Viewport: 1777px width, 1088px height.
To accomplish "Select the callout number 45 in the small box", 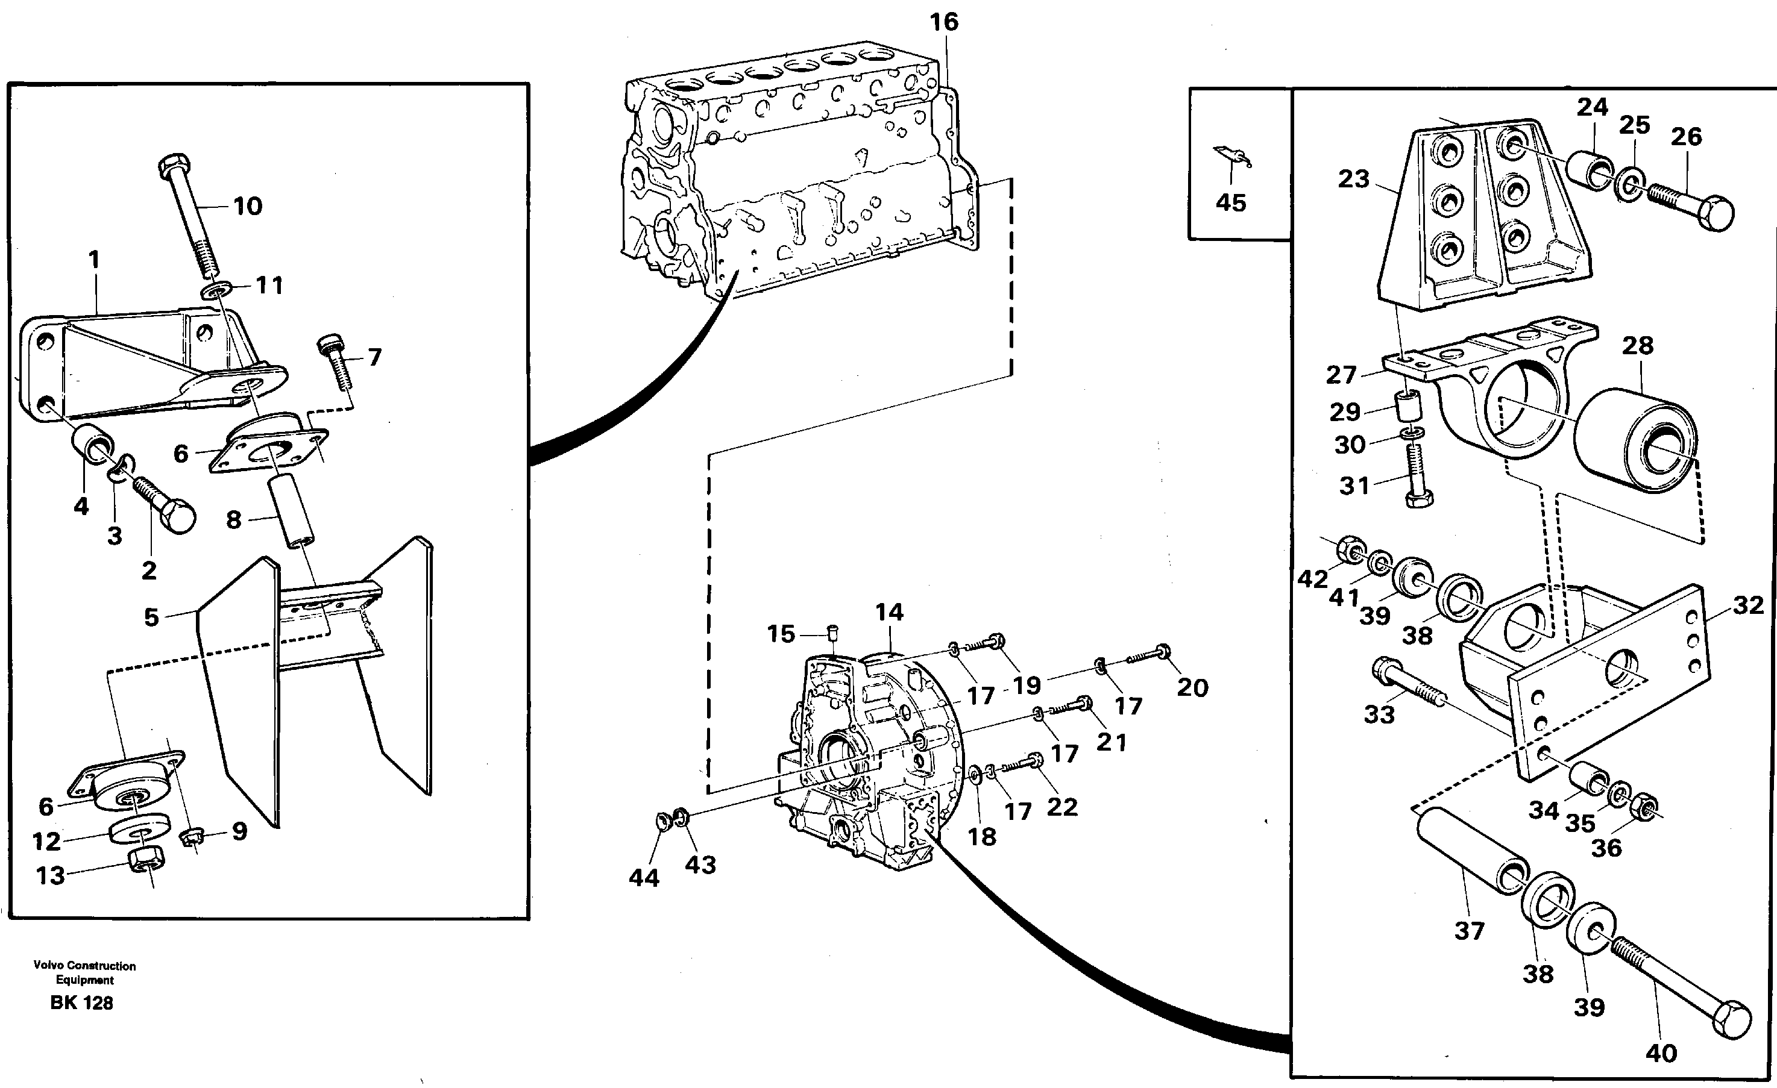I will (x=1230, y=202).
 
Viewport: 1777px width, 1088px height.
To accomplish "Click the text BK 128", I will (x=81, y=1003).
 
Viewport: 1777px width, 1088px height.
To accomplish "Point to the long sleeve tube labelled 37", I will (x=1471, y=856).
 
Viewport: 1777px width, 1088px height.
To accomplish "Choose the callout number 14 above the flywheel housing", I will (x=888, y=612).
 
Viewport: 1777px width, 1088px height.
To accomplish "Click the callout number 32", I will (x=1748, y=605).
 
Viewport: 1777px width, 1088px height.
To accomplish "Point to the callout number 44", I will (x=643, y=878).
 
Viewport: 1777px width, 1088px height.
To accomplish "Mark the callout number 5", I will (x=151, y=617).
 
